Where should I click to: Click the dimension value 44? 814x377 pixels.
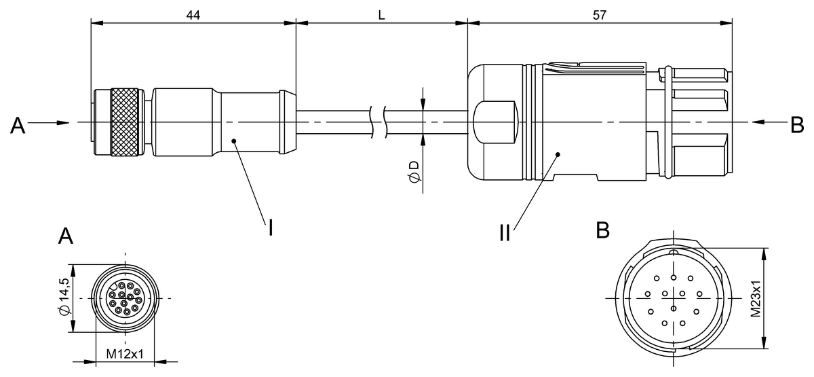[193, 15]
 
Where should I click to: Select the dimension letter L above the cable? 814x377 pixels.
[381, 15]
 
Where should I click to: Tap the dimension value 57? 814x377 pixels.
[600, 15]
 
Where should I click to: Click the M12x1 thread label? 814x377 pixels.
[125, 354]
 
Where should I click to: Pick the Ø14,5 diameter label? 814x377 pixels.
[64, 297]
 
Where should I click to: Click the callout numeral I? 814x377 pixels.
[271, 228]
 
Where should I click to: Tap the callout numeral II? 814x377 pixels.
[505, 232]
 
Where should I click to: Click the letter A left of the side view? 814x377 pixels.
[18, 126]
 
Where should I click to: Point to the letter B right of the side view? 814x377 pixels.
[797, 125]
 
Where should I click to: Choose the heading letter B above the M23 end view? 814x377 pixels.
[603, 230]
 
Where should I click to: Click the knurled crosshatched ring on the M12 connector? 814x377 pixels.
[125, 122]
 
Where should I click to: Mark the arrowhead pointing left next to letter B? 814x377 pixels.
[758, 122]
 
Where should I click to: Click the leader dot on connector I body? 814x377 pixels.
[234, 141]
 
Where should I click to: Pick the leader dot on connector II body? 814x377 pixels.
[558, 155]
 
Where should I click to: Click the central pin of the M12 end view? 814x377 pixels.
[124, 303]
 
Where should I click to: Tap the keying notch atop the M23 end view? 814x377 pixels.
[674, 252]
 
